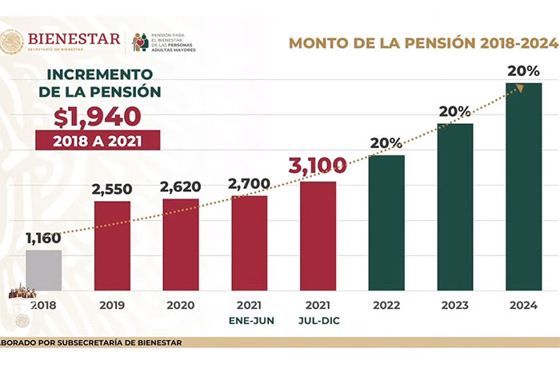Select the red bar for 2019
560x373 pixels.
click(x=112, y=246)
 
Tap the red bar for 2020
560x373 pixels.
click(x=181, y=244)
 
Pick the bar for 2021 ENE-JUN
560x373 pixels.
click(x=250, y=243)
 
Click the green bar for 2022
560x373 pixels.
click(x=386, y=223)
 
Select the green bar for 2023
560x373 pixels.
click(x=455, y=207)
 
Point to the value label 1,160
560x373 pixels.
click(x=43, y=238)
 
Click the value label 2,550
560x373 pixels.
click(x=112, y=189)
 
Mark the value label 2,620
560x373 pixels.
click(x=181, y=187)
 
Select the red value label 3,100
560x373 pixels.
click(x=318, y=166)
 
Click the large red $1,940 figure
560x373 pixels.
click(x=97, y=116)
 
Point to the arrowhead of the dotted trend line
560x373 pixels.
click(x=521, y=88)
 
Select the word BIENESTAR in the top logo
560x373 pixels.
click(x=74, y=38)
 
